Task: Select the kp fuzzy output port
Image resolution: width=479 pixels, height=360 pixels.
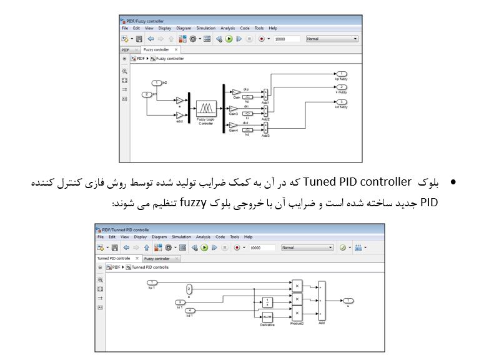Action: tap(341, 74)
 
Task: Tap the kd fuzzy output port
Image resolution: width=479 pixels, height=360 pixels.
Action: tap(341, 102)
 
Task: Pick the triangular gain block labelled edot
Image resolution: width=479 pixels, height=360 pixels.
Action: tap(179, 115)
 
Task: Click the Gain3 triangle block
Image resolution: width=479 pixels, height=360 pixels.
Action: tap(235, 109)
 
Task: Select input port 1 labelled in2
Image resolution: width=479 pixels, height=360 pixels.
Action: tap(156, 82)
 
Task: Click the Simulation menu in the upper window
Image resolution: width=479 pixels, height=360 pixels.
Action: tap(205, 28)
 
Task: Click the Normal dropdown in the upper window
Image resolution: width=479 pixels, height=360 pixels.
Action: tap(331, 39)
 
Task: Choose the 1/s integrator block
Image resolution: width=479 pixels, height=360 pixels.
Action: tap(267, 302)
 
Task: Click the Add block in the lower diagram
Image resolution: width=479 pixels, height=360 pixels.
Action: tap(322, 301)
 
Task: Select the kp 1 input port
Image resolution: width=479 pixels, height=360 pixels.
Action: tap(151, 282)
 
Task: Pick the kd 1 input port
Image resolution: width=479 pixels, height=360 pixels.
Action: tap(190, 311)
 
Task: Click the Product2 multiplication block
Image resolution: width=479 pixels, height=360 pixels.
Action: tap(297, 314)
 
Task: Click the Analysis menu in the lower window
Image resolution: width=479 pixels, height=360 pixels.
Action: tap(203, 237)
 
